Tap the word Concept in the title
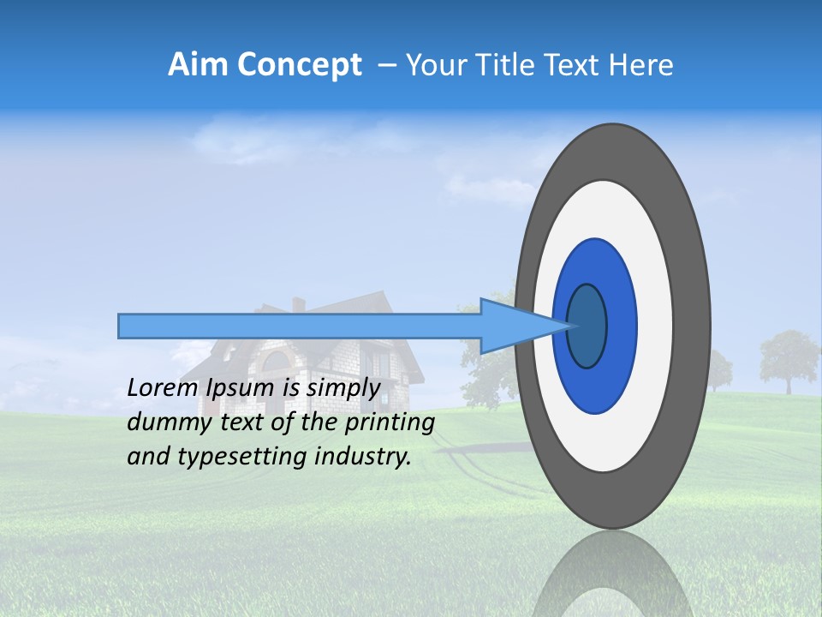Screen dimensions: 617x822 click(300, 65)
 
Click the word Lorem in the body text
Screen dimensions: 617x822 click(163, 387)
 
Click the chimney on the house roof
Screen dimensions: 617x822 click(298, 305)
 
